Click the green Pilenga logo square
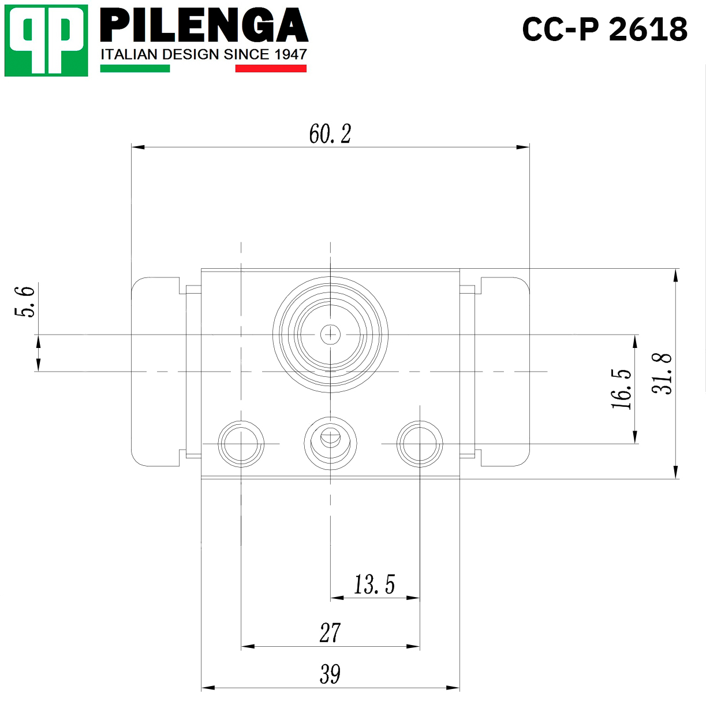point(46,40)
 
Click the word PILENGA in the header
point(204,25)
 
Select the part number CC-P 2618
point(604,29)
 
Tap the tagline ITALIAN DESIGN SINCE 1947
point(204,54)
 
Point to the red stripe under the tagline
point(271,68)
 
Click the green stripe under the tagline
point(135,68)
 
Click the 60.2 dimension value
point(330,134)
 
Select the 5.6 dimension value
point(25,302)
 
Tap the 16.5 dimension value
point(621,389)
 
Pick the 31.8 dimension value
point(662,373)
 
